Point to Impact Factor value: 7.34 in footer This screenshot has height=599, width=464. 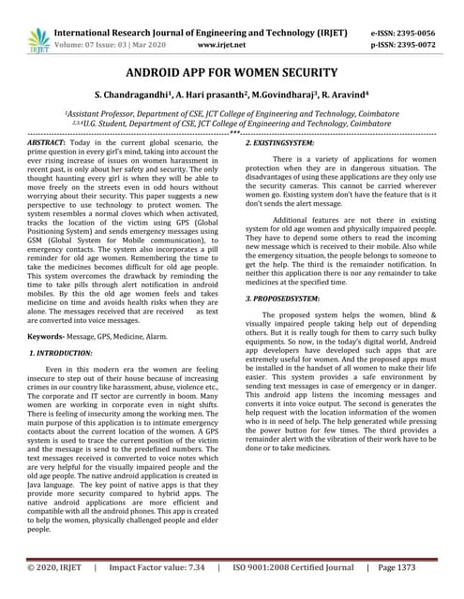157,567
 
